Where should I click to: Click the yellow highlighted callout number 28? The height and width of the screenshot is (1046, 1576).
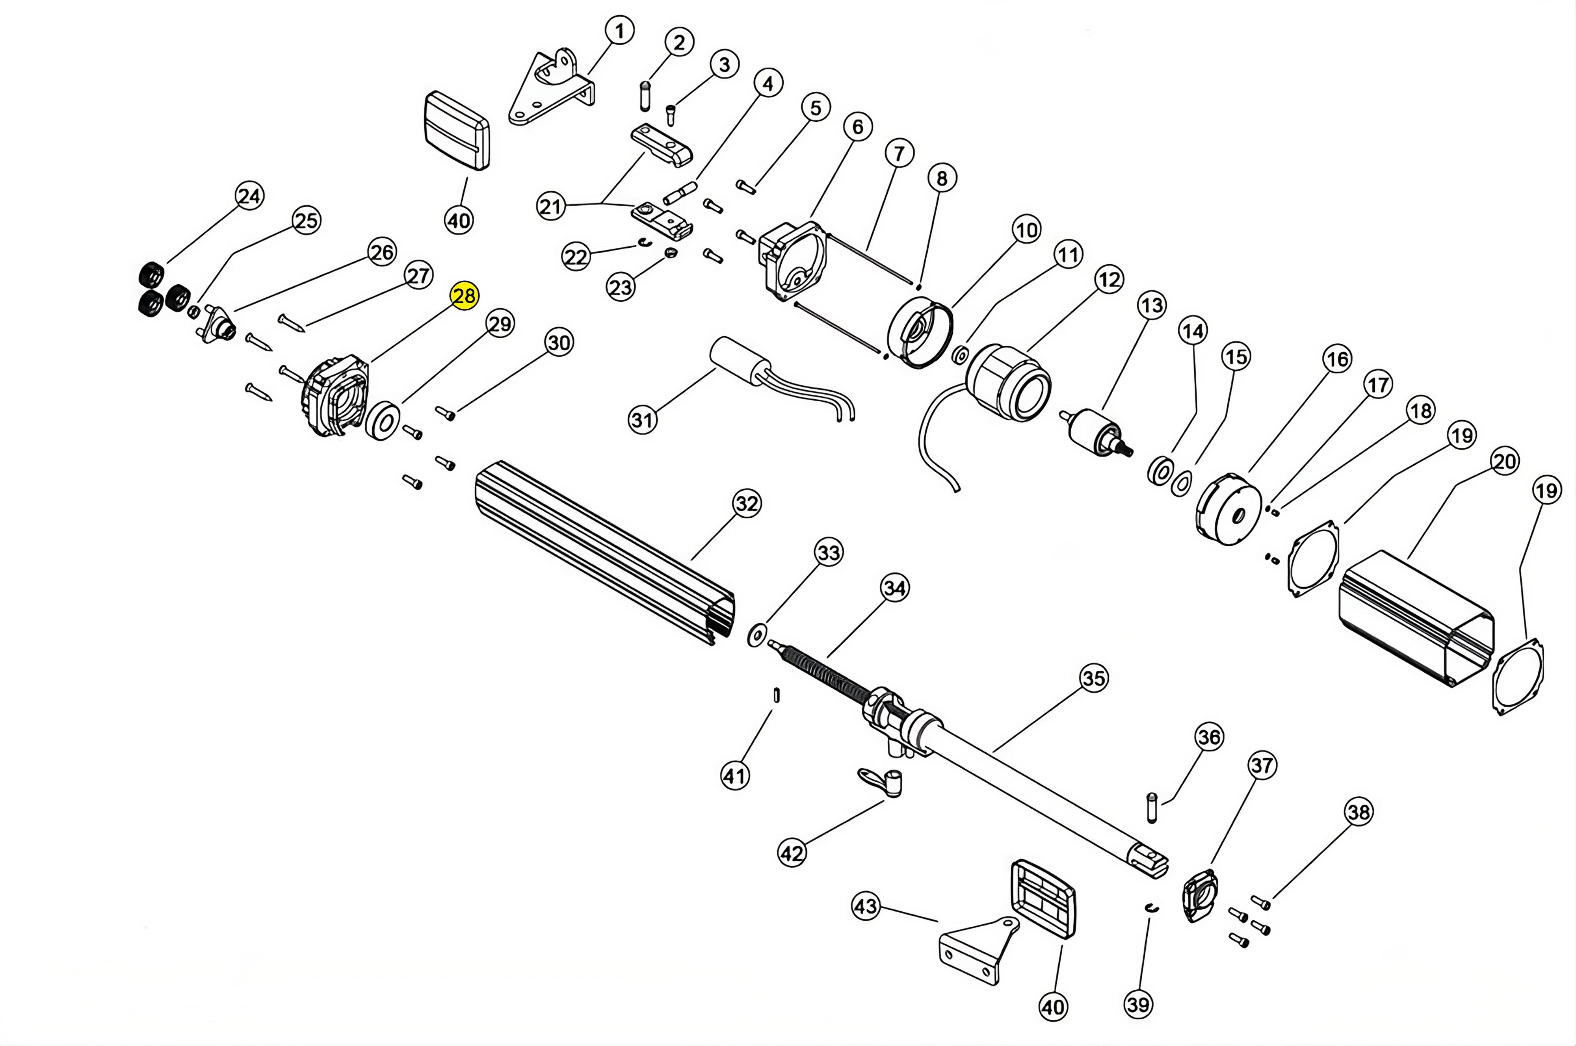click(465, 295)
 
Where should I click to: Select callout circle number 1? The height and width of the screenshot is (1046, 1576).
click(620, 31)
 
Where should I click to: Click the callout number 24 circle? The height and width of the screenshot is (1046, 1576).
click(249, 196)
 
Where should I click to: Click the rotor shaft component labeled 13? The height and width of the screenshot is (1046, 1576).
click(1094, 432)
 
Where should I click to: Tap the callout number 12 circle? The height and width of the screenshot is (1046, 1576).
click(1108, 280)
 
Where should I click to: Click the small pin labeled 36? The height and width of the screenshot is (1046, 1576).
click(1151, 807)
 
